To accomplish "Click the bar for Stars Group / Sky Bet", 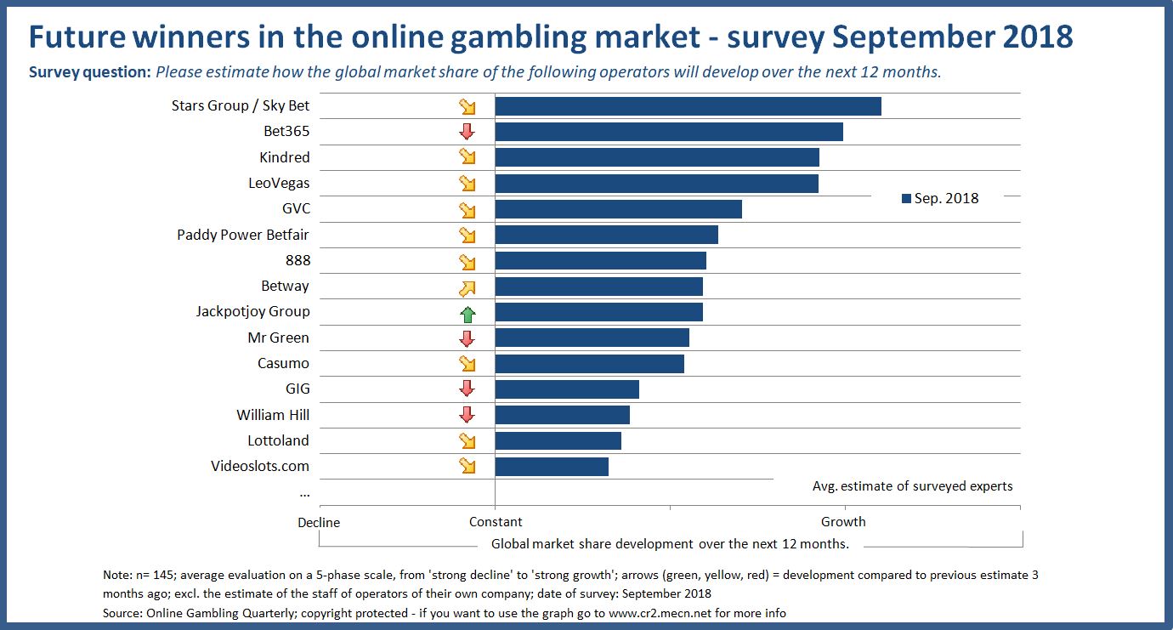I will tap(688, 106).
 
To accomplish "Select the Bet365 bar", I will tap(669, 132).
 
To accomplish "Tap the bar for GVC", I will tap(618, 209).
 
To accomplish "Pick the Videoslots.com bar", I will tap(552, 467).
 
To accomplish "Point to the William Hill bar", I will tap(562, 415).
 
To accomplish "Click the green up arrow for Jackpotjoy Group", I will tap(467, 313).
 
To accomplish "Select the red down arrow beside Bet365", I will tap(467, 132).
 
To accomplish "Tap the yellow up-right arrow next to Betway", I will tap(467, 287).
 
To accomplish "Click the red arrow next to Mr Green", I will tap(467, 338).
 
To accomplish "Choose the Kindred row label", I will tap(284, 157).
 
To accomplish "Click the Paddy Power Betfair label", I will tap(243, 235).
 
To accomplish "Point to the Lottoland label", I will tap(278, 440).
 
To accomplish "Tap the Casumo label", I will tap(283, 363).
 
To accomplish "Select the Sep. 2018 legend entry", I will tap(940, 198).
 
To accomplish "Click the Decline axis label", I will tap(319, 522).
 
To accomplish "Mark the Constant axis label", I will tap(496, 521).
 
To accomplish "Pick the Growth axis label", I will tap(843, 521).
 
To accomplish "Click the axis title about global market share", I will tap(670, 544).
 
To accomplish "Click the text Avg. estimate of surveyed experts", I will tap(912, 486).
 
